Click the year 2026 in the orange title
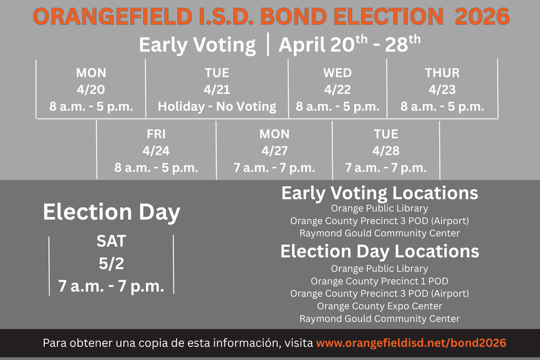[x=482, y=17]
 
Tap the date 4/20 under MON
[x=91, y=90]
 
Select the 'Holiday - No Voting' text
[x=217, y=106]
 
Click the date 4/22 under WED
[x=337, y=90]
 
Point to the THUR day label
[x=442, y=73]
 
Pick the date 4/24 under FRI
[x=156, y=151]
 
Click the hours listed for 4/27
[x=274, y=168]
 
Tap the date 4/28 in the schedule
[x=385, y=151]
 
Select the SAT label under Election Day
[x=111, y=241]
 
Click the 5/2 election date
[x=111, y=264]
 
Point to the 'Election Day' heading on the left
[x=111, y=212]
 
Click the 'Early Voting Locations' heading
[x=380, y=193]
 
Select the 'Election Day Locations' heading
[x=380, y=251]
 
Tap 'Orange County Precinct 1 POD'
[x=380, y=281]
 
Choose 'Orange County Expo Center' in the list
[x=380, y=306]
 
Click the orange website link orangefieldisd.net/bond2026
[x=411, y=343]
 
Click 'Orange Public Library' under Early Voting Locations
[x=380, y=208]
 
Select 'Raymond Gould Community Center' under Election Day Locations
[x=380, y=319]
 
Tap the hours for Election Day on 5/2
[x=111, y=286]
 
